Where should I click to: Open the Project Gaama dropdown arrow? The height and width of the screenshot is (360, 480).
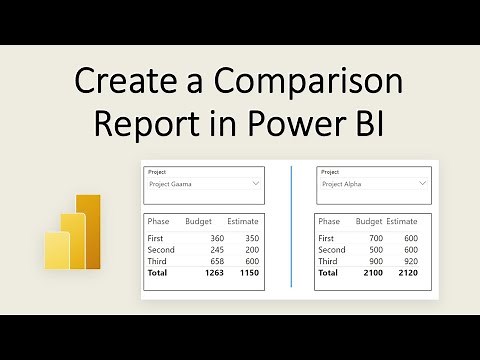[256, 185]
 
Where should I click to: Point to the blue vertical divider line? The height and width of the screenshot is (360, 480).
[291, 228]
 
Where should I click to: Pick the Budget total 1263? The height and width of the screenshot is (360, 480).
[211, 273]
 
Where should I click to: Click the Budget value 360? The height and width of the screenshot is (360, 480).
[215, 238]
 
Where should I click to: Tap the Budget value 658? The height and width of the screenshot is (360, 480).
[215, 261]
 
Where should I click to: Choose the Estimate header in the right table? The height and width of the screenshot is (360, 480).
[402, 220]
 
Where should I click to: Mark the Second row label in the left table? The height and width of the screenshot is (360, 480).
[161, 250]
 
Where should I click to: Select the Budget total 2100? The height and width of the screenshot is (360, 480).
[369, 273]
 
